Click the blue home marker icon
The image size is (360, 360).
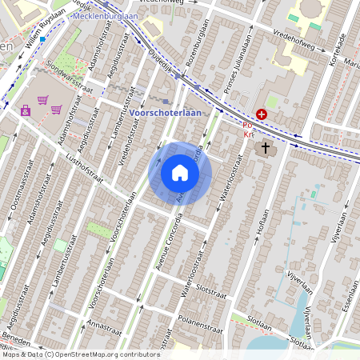(x=180, y=173)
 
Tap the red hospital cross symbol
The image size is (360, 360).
(x=262, y=115)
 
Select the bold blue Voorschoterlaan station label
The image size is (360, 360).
(x=166, y=113)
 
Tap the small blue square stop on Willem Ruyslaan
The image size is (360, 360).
(x=42, y=37)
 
